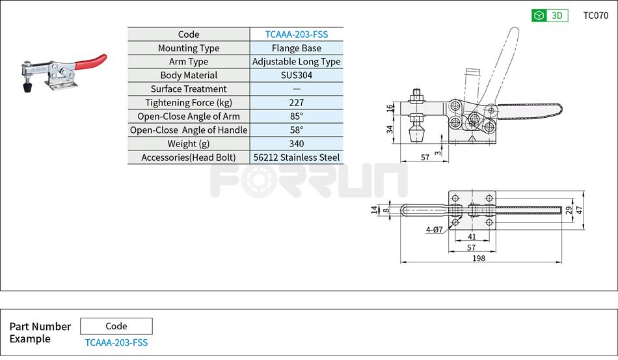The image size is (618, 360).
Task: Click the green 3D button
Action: tap(550, 16)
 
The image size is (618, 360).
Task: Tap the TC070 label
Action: tap(595, 16)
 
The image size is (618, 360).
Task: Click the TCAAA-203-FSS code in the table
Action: tap(296, 35)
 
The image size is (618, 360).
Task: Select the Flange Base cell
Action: tap(296, 48)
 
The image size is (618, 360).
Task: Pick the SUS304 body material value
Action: tap(296, 76)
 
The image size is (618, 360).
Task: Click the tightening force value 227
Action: tap(296, 103)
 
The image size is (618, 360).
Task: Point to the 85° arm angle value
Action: tap(296, 117)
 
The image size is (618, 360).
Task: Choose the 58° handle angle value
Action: tap(296, 130)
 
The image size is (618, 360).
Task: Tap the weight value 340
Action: tap(296, 144)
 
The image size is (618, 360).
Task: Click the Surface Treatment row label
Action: tap(189, 89)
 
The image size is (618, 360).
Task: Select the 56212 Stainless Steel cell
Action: tap(296, 158)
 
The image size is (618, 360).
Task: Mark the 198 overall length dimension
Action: tap(480, 258)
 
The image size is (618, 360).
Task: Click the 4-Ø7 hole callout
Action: tap(434, 230)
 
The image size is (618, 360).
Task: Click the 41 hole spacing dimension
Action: tap(472, 237)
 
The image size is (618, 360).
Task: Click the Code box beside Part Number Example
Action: tap(116, 326)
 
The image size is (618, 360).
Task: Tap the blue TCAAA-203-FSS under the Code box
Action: tap(116, 342)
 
